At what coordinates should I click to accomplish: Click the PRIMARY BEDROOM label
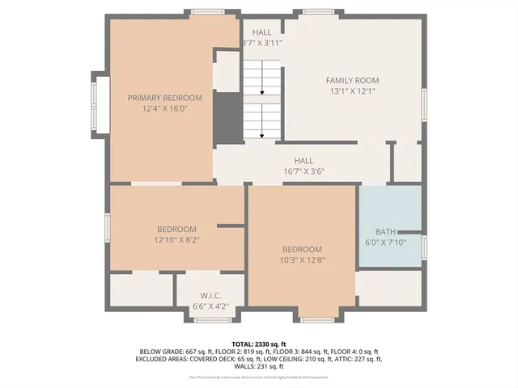[x=164, y=97]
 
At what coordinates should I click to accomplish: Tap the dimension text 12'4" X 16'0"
[x=164, y=108]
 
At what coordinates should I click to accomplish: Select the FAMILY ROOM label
[x=352, y=80]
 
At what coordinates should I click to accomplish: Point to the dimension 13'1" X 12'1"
[x=352, y=91]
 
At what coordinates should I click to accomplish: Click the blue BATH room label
[x=385, y=232]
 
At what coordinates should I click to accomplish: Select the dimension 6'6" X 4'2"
[x=210, y=306]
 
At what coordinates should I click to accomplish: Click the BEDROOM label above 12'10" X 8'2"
[x=176, y=229]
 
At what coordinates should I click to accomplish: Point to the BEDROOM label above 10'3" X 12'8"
[x=302, y=249]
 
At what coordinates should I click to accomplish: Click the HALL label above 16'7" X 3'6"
[x=304, y=160]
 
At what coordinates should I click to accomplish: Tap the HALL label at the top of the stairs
[x=262, y=32]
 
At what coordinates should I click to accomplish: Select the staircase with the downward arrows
[x=262, y=97]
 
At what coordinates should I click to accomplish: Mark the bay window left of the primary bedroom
[x=100, y=103]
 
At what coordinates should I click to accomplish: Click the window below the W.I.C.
[x=213, y=319]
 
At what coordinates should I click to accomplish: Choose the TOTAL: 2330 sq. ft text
[x=258, y=344]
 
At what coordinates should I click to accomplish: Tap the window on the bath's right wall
[x=423, y=247]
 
